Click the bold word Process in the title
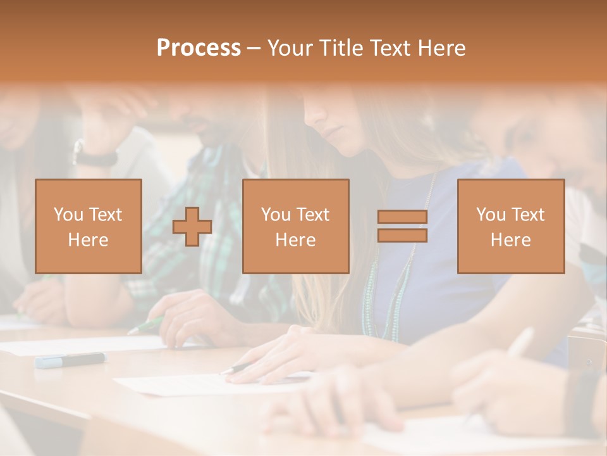(x=199, y=48)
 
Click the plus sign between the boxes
(x=192, y=226)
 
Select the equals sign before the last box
(x=402, y=226)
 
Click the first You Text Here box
(x=88, y=226)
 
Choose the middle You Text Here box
(x=295, y=226)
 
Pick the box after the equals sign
(x=510, y=226)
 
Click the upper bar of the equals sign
(x=402, y=217)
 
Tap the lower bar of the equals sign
(x=402, y=235)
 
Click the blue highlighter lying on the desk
(x=70, y=360)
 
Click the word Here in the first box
(x=88, y=239)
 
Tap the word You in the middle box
(x=276, y=215)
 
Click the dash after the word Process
(x=254, y=48)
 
